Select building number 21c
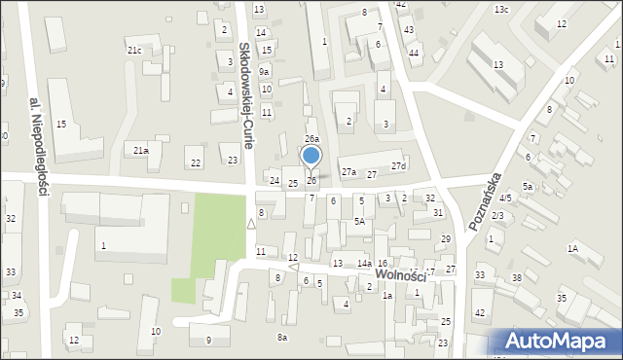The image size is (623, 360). pyautogui.click(x=134, y=50)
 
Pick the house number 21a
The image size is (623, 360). pyautogui.click(x=141, y=150)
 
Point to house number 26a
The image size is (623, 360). pyautogui.click(x=311, y=140)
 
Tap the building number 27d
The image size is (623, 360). pyautogui.click(x=398, y=166)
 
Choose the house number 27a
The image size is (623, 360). pyautogui.click(x=348, y=172)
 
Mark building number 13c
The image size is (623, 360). pyautogui.click(x=500, y=9)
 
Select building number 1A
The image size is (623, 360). pyautogui.click(x=573, y=249)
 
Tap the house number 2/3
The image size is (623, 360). pyautogui.click(x=497, y=215)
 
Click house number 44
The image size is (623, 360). pyautogui.click(x=414, y=53)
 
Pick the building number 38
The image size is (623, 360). pyautogui.click(x=517, y=278)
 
